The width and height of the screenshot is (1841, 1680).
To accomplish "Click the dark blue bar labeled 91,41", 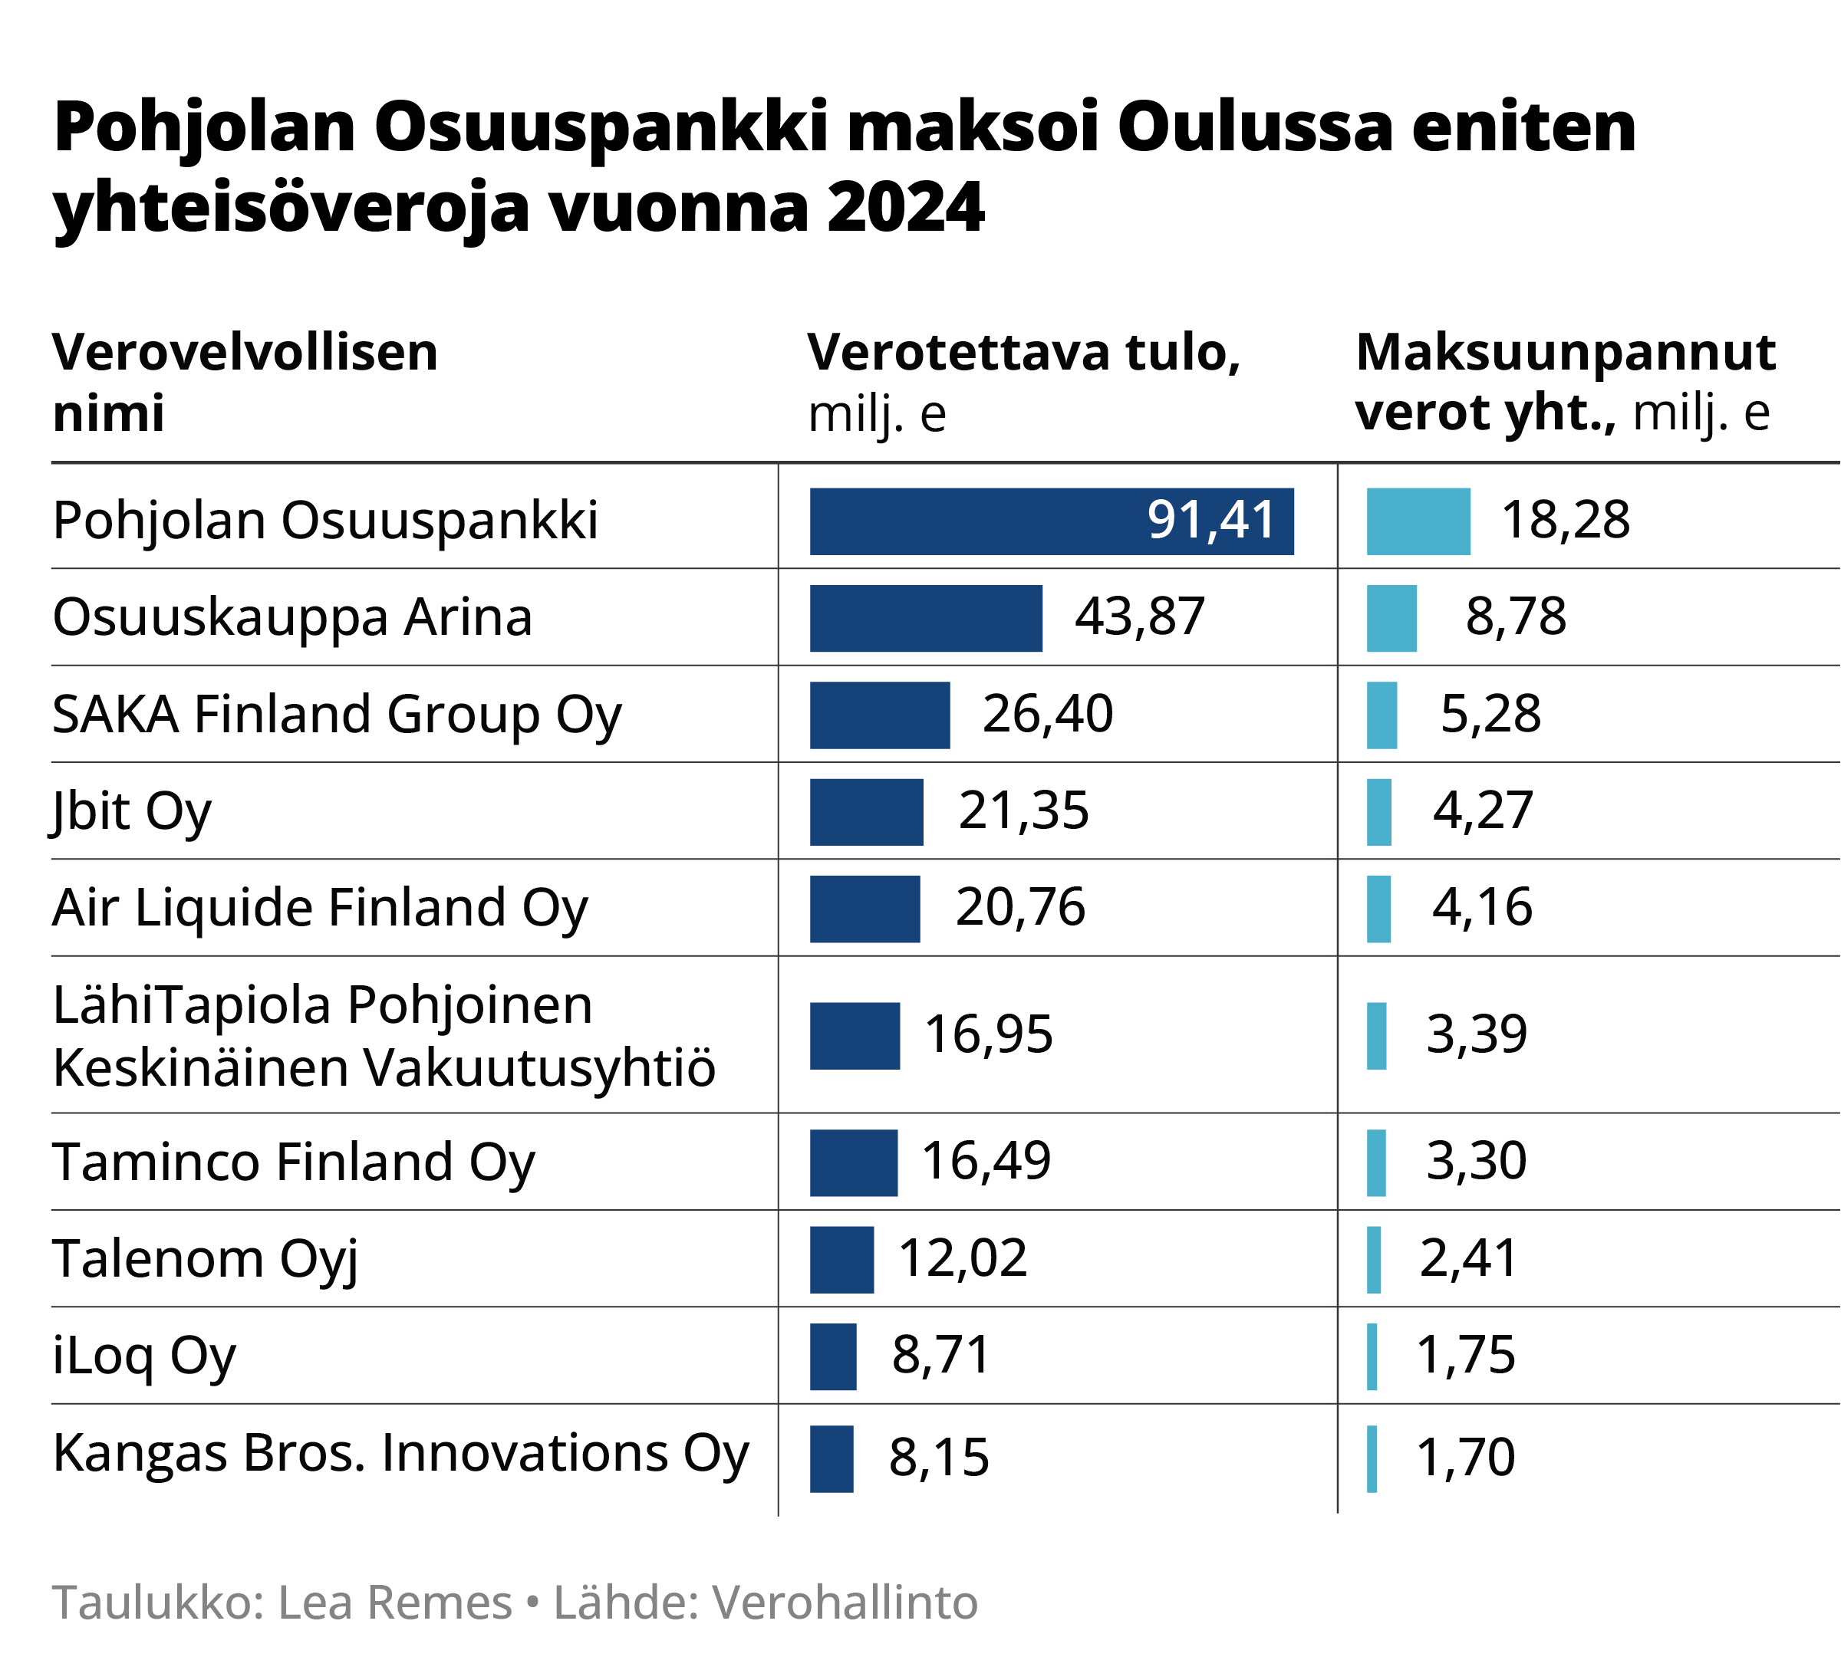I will (x=1050, y=521).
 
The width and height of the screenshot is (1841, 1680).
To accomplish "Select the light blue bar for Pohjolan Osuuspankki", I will (x=1418, y=521).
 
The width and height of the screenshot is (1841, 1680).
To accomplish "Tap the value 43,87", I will (x=1140, y=616).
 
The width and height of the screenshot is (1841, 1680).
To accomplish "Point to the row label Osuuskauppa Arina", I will (x=292, y=617).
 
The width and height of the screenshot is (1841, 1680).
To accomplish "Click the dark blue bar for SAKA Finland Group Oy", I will (x=879, y=715).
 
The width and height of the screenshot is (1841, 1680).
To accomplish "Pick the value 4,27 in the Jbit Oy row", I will (x=1482, y=810).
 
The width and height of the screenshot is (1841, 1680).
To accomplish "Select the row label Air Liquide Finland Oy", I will (x=320, y=908).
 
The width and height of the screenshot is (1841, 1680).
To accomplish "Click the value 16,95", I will (x=988, y=1034).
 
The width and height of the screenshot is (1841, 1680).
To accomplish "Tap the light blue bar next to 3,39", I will (x=1376, y=1035).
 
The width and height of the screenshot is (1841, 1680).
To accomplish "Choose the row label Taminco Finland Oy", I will (x=293, y=1162).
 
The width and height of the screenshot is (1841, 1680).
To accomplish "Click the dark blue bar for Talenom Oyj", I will (x=841, y=1259).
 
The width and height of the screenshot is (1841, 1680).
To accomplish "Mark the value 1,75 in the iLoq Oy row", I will (x=1465, y=1355).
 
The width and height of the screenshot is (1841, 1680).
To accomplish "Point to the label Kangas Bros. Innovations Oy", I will (x=400, y=1453).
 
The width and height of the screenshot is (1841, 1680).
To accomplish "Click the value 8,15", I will (x=938, y=1457).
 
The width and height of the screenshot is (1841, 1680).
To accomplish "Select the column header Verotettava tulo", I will (x=1023, y=353).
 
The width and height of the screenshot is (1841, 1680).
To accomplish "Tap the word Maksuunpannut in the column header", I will (x=1565, y=353).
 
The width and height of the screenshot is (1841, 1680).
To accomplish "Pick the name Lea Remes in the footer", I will (x=394, y=1603).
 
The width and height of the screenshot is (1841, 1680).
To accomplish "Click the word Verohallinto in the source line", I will (x=844, y=1603).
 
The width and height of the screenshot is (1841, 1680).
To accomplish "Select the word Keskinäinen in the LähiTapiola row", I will (x=200, y=1067).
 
